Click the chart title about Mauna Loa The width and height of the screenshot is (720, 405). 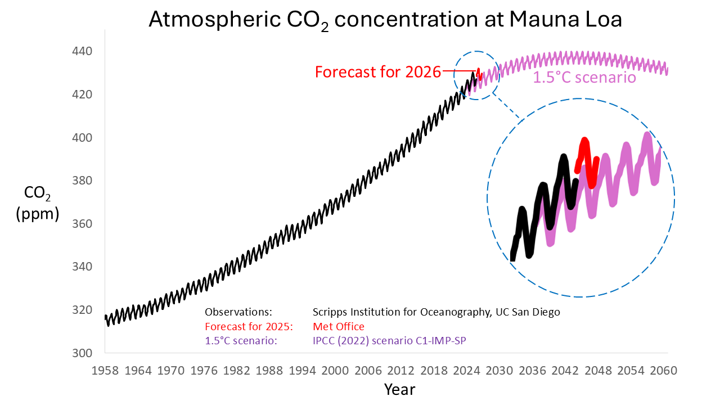pos(385,20)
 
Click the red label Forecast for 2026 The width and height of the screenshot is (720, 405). pos(377,72)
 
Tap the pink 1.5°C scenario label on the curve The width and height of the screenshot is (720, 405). pos(584,77)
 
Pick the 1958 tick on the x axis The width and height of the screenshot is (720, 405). pos(105,371)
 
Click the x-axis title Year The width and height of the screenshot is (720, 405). pos(399,389)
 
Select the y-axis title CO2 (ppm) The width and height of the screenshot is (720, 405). pos(38,203)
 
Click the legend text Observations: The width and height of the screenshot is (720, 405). pos(238,312)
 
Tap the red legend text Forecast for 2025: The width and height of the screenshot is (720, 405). pos(245,327)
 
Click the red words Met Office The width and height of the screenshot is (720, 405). pos(339,327)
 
